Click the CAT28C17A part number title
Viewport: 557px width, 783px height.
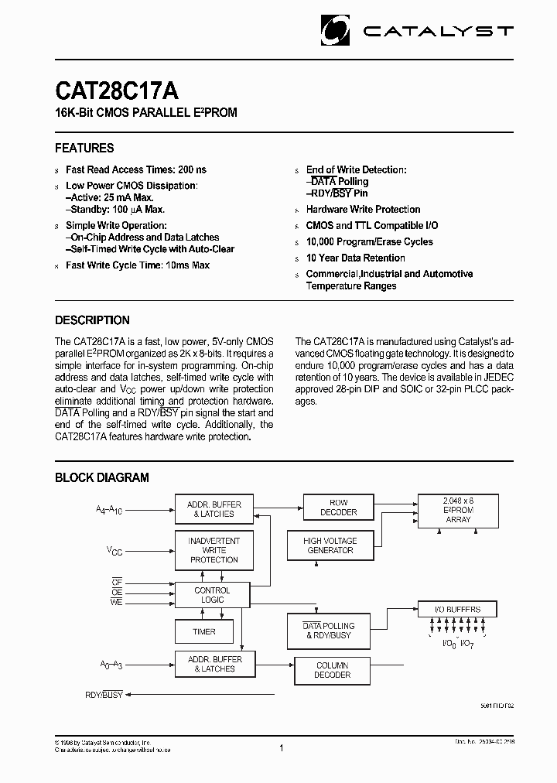(117, 91)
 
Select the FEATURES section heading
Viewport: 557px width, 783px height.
(84, 148)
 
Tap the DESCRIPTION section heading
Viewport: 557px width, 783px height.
(92, 320)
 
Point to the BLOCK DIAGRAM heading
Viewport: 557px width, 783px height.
(101, 478)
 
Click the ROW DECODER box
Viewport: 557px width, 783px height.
(338, 508)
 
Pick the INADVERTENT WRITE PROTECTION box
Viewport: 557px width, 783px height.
(214, 550)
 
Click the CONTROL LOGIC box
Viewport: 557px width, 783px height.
(212, 595)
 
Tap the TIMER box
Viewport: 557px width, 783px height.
(204, 632)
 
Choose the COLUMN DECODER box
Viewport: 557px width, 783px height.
(332, 670)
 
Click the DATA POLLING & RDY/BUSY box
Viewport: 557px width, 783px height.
(328, 631)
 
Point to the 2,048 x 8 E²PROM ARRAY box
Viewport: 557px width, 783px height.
(458, 510)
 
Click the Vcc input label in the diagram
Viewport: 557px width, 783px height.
(114, 551)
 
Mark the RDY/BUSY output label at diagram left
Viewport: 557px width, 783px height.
(104, 696)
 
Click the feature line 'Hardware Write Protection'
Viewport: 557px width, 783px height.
(363, 210)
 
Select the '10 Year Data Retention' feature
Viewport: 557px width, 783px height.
(355, 258)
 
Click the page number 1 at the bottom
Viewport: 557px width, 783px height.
(281, 748)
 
